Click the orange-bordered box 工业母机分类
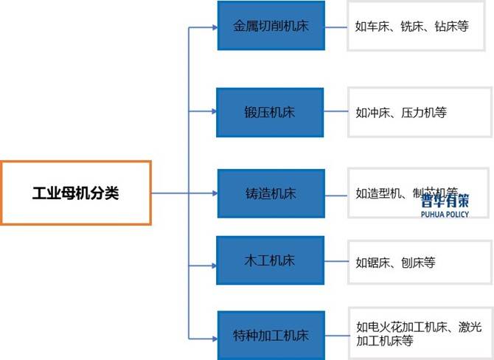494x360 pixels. click(x=76, y=193)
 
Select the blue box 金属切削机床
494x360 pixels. click(x=271, y=26)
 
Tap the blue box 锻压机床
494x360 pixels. click(x=271, y=112)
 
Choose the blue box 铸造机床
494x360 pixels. click(x=271, y=193)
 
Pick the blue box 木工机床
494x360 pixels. click(x=271, y=260)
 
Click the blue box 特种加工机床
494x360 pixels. click(x=271, y=335)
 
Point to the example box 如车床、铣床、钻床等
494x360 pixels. click(x=417, y=26)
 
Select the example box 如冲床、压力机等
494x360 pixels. click(x=417, y=112)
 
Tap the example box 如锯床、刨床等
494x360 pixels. click(x=417, y=261)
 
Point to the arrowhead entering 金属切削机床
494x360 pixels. click(x=214, y=27)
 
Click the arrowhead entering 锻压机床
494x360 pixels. click(x=214, y=112)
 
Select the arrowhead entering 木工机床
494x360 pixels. click(x=214, y=261)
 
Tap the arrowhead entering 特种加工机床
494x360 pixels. click(x=214, y=335)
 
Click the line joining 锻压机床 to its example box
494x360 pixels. click(x=335, y=112)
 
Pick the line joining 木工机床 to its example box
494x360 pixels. click(x=335, y=261)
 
